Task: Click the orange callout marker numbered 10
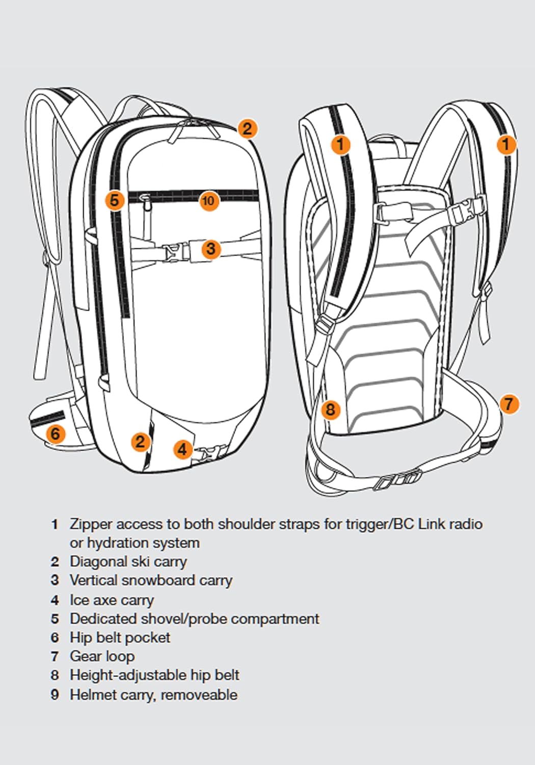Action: (208, 200)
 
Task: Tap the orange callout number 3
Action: (210, 249)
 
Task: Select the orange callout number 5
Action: (115, 200)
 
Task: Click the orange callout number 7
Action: (509, 404)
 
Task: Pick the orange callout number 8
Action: (330, 409)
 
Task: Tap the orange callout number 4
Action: (182, 449)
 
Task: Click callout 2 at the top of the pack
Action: (247, 128)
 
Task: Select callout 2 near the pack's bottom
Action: (140, 441)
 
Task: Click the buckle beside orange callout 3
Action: (176, 251)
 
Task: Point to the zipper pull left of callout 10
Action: (146, 201)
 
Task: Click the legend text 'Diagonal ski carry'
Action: (128, 562)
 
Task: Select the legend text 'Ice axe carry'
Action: (112, 600)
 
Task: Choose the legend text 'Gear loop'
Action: (102, 656)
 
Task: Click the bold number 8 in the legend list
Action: (55, 675)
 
